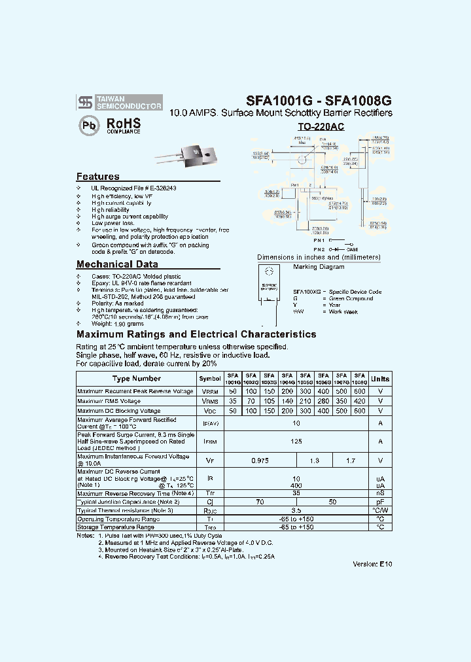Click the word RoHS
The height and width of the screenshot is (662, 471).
(x=124, y=123)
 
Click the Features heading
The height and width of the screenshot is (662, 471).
(x=98, y=177)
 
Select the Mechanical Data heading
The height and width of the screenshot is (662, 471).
(x=117, y=264)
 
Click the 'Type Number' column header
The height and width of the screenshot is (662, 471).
(x=136, y=379)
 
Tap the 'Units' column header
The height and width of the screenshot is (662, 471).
(x=380, y=379)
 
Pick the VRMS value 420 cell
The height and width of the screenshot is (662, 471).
(x=358, y=401)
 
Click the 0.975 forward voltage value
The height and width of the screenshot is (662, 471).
(x=259, y=461)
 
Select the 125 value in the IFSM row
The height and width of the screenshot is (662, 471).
(x=296, y=442)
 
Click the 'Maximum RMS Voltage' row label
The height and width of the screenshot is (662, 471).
(x=109, y=401)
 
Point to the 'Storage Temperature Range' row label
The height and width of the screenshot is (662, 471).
(x=116, y=527)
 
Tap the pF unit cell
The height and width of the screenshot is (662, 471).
(x=380, y=501)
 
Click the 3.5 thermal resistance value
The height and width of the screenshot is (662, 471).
(x=296, y=510)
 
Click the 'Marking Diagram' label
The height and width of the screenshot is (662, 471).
(x=319, y=267)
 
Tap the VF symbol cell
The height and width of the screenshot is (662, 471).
(x=210, y=461)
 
